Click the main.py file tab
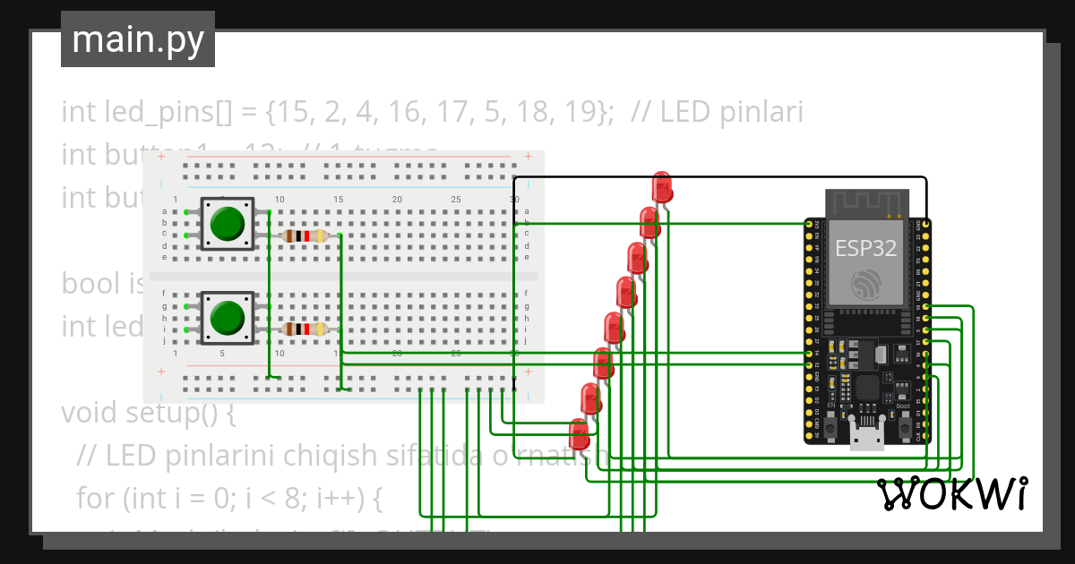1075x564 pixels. click(137, 39)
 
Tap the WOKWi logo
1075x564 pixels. click(951, 493)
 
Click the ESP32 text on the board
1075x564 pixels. click(865, 248)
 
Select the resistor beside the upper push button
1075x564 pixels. click(304, 236)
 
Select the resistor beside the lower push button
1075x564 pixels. click(304, 329)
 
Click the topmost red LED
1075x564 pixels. click(663, 187)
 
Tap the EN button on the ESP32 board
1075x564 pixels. click(831, 431)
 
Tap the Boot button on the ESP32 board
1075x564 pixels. click(903, 431)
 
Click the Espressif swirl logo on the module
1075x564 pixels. click(866, 286)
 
